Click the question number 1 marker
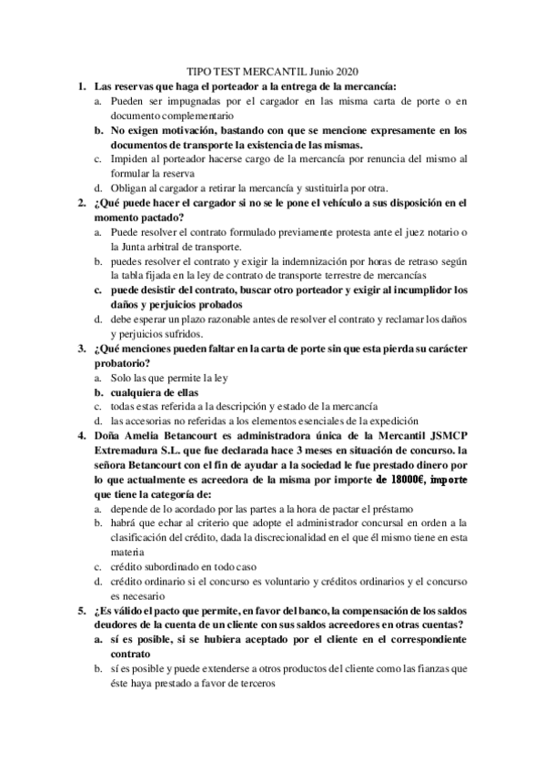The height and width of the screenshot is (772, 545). point(82,86)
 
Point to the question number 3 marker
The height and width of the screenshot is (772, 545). point(82,349)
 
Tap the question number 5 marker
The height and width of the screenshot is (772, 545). point(82,610)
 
